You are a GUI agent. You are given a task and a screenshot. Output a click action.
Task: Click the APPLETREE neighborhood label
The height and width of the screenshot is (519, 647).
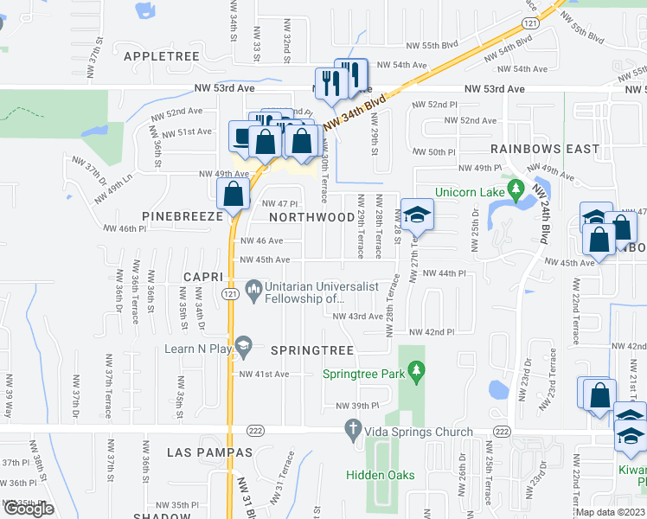tap(162, 55)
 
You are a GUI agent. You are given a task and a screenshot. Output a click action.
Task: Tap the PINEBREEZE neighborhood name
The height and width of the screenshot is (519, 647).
tap(178, 215)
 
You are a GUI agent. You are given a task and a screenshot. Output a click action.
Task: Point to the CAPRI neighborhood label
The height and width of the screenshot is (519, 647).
tap(203, 276)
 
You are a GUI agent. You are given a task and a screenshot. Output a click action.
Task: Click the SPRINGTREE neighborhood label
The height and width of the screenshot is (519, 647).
tap(312, 350)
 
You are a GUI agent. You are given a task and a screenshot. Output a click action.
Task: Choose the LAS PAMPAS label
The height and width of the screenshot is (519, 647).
tap(211, 452)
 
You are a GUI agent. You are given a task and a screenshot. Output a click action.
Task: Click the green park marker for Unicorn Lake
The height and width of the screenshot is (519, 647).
tap(516, 187)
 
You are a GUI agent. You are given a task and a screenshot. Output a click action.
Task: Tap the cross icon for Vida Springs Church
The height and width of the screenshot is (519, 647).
tap(352, 428)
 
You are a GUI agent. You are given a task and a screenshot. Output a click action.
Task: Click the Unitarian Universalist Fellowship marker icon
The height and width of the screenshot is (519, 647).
tap(254, 288)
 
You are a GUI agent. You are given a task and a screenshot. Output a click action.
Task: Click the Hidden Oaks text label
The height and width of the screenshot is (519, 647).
tap(381, 475)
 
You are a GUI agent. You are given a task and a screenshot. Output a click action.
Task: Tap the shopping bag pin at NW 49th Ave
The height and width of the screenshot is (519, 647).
tap(234, 195)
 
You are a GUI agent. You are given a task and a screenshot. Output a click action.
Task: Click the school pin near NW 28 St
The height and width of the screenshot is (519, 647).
tap(417, 216)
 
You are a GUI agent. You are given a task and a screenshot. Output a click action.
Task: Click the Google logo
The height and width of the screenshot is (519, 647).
tap(29, 509)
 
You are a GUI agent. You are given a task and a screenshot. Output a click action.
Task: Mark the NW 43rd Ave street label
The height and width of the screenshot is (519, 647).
tap(358, 317)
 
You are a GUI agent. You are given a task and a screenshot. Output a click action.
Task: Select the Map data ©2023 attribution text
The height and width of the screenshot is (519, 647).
tap(611, 512)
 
